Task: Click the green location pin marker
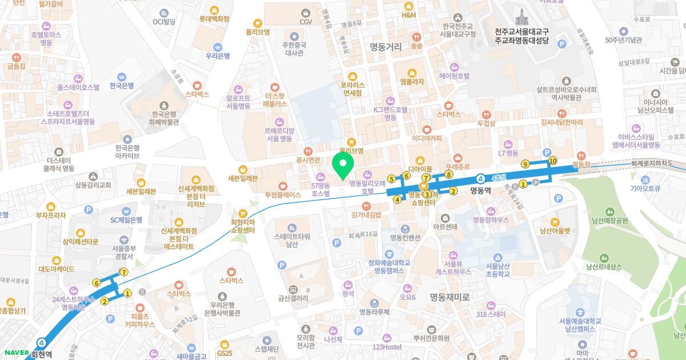click(x=342, y=166)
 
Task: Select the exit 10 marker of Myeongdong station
click(x=552, y=162)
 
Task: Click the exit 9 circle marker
click(x=525, y=165)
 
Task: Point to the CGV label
click(x=306, y=22)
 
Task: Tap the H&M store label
click(x=409, y=15)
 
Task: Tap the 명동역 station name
click(x=481, y=191)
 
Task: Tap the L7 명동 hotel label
click(x=508, y=153)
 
